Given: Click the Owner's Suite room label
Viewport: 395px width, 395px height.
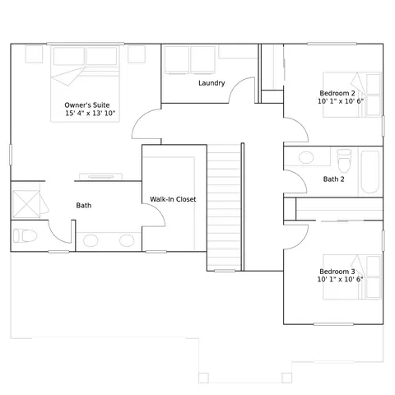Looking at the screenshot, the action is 87,105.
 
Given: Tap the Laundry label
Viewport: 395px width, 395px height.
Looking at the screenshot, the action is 211,83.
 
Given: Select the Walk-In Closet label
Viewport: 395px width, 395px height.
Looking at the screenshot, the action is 173,199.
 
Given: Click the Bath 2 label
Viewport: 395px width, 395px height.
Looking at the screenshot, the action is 333,179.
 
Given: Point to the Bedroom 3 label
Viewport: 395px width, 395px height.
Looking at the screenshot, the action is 337,272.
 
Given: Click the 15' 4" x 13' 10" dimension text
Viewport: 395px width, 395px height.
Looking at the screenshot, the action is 91,113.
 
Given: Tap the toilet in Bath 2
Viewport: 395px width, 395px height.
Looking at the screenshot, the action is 344,160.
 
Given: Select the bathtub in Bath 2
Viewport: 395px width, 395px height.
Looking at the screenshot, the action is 370,172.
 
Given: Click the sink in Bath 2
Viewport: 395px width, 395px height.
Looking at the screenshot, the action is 306,158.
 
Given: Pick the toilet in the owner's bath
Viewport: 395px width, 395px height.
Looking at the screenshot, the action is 25,235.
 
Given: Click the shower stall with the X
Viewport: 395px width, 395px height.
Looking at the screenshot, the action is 26,204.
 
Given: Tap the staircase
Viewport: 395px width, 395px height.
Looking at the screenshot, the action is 224,207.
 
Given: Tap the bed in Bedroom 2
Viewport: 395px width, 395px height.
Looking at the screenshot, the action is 352,95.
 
